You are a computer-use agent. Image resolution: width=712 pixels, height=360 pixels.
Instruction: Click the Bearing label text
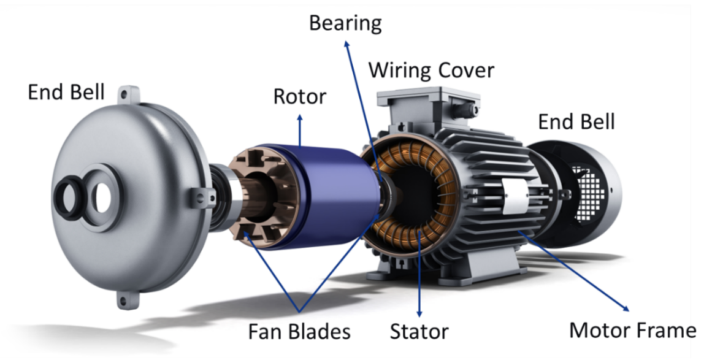coord(345,23)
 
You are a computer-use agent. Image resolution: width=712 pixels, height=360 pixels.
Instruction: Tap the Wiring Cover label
coord(431,71)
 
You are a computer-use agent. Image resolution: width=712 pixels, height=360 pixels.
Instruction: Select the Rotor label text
coord(300,97)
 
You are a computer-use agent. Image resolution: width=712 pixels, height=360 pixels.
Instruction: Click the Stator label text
coord(419,331)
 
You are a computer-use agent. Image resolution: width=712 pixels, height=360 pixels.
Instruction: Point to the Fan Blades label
coord(299,331)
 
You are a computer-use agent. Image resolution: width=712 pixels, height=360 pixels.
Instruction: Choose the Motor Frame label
coord(632,330)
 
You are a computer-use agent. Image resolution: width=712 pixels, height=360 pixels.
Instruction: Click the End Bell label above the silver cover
coord(66,92)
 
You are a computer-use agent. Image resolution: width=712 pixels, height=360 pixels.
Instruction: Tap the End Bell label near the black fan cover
coord(576,121)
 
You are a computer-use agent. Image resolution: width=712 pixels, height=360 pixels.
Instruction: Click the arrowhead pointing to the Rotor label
coord(300,118)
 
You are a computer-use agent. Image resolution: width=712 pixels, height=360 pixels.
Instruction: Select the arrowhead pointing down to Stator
coord(419,313)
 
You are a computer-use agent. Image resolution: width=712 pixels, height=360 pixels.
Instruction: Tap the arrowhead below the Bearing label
coord(346,44)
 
